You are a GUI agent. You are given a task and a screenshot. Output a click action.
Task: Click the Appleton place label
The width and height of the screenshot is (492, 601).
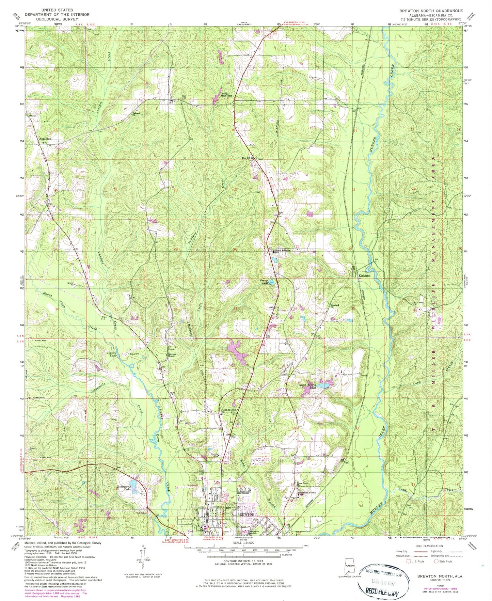[x=45, y=139]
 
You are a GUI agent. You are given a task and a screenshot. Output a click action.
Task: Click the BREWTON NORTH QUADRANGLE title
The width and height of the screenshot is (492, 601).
[x=431, y=11]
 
